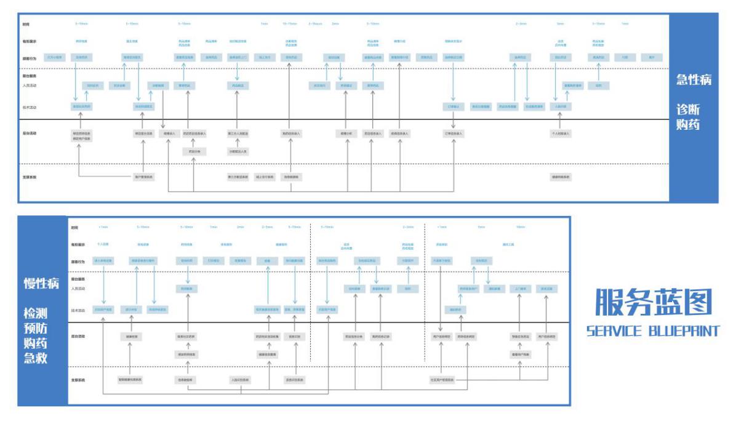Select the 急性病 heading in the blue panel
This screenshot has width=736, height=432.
pos(694,79)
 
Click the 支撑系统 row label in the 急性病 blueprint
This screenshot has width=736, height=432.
pos(30,177)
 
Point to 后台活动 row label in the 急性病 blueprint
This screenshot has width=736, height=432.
pos(30,133)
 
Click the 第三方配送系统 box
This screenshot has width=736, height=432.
pos(238,177)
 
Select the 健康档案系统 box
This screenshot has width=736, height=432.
pos(560,177)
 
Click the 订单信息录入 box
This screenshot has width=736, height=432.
pos(454,133)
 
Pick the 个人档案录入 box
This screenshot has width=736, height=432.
pos(560,133)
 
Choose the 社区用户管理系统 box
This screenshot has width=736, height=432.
pos(442,380)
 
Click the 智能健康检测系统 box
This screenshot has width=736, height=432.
pos(130,380)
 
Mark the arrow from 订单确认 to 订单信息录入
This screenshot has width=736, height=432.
pos(454,120)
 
